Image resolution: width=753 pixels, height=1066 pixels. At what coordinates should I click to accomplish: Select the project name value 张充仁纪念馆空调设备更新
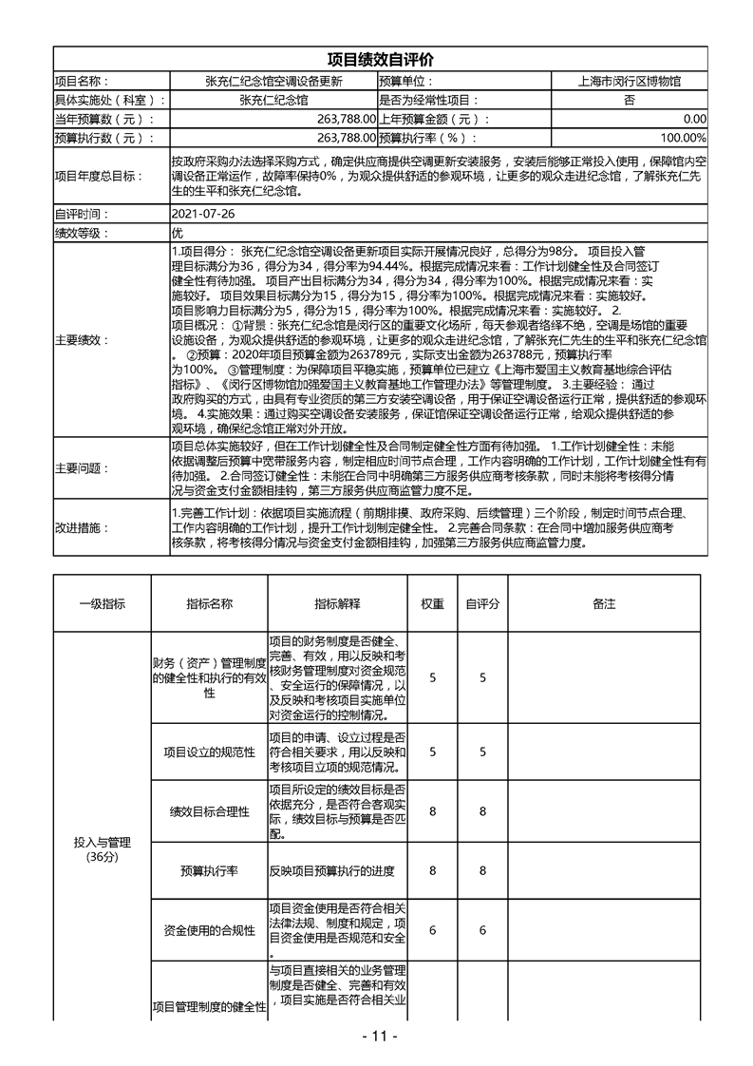point(273,82)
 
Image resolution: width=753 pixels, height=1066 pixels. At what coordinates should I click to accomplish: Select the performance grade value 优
point(177,232)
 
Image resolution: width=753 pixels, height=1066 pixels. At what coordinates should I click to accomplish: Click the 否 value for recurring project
point(629,100)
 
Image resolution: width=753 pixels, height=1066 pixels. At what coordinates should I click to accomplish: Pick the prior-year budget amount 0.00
point(694,119)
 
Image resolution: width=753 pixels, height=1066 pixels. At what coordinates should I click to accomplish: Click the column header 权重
point(432,603)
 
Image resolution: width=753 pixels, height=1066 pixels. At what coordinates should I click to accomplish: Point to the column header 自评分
point(482,603)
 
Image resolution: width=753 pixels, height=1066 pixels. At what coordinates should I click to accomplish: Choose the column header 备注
point(604,603)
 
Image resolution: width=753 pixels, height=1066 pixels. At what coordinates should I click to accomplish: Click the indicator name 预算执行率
point(209,870)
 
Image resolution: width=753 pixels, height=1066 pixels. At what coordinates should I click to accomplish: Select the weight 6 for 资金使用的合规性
point(432,930)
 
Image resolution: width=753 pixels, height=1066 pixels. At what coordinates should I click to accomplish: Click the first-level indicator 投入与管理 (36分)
point(102,849)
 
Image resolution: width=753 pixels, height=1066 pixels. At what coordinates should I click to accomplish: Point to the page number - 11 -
point(377,1036)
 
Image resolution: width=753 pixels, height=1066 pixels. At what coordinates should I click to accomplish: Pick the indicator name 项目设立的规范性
point(209,752)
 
